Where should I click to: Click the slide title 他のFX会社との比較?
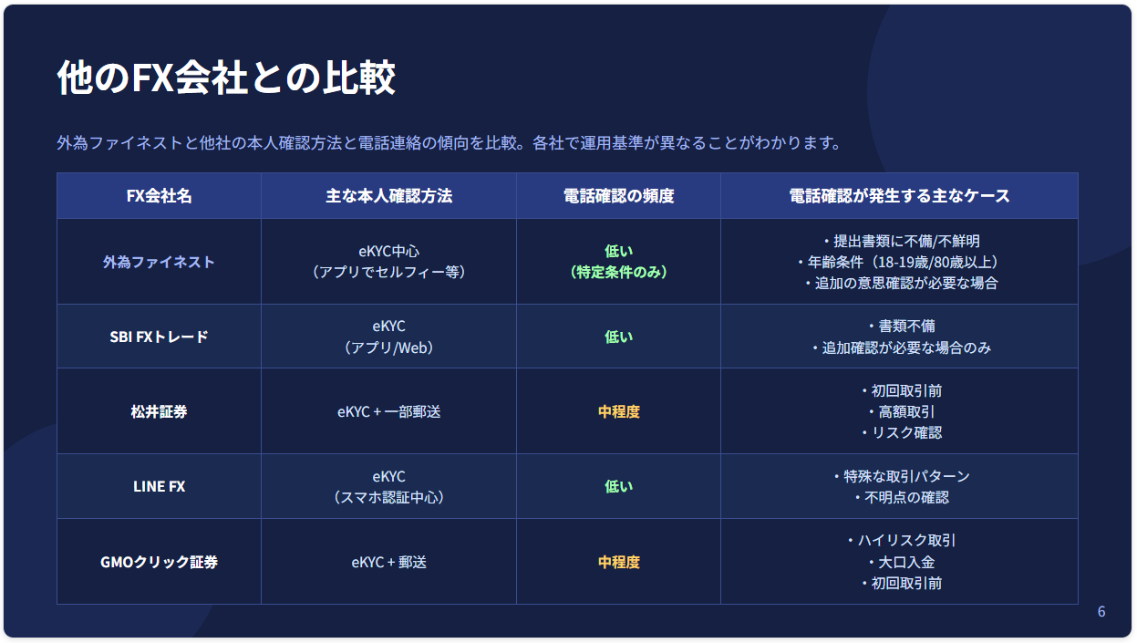(x=226, y=78)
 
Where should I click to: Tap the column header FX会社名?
(x=159, y=196)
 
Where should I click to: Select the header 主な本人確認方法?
(x=388, y=196)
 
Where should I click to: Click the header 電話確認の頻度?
(x=619, y=196)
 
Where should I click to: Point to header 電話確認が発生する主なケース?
(x=899, y=196)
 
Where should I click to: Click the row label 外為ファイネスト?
(x=159, y=262)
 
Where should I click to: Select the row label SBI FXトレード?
(x=159, y=337)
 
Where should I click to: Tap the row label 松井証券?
(x=159, y=411)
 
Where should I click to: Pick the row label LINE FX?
(x=159, y=486)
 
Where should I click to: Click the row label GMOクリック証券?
(x=159, y=562)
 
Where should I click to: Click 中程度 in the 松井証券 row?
(x=619, y=411)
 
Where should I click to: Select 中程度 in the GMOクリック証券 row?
(x=619, y=562)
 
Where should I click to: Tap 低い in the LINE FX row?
(x=619, y=486)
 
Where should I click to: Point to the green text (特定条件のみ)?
(x=619, y=272)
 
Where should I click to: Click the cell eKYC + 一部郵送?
(x=388, y=411)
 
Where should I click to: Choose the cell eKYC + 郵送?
(x=388, y=562)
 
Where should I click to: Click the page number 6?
(x=1101, y=611)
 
